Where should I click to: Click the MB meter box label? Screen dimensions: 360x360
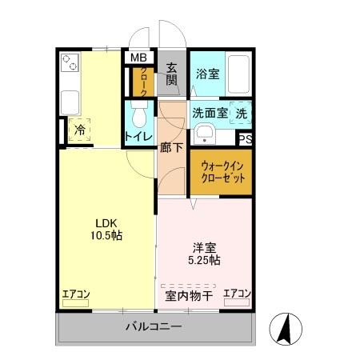139,58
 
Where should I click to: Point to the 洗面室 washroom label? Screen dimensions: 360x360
209,114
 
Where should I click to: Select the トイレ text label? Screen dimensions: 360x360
138,136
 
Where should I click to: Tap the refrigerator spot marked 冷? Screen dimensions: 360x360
80,129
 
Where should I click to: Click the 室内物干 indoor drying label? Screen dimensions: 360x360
189,297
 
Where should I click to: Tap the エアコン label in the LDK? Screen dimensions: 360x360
77,294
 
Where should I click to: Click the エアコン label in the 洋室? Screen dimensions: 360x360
237,294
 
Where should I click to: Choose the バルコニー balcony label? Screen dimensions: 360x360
154,326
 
